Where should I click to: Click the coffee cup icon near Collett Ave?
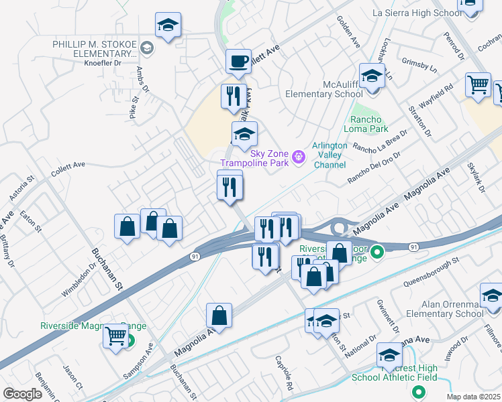click(238, 62)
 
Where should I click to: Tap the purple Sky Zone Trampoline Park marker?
click(299, 157)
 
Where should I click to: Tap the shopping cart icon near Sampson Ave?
click(116, 335)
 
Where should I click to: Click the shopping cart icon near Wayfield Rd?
click(478, 85)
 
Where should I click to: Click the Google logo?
click(22, 394)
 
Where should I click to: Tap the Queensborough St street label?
click(430, 271)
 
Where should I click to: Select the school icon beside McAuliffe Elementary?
click(371, 76)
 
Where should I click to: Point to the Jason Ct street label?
click(72, 387)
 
